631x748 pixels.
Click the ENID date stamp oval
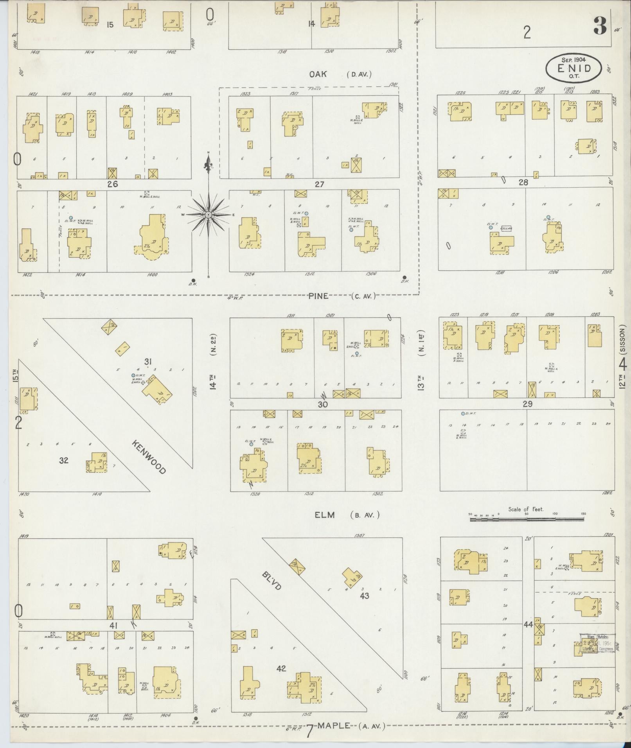(x=574, y=68)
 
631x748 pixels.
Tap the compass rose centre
(x=209, y=215)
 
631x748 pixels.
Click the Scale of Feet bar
(x=527, y=520)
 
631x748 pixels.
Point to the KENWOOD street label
(x=149, y=457)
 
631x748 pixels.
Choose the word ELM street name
(x=325, y=515)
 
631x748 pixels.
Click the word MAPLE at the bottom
(x=333, y=726)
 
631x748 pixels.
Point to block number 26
(x=113, y=184)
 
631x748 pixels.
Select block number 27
(x=320, y=184)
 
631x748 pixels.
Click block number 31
(x=148, y=362)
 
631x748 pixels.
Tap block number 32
(x=63, y=460)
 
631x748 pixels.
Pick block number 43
(x=365, y=607)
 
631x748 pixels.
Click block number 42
(x=281, y=668)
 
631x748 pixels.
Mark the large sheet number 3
(x=600, y=25)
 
